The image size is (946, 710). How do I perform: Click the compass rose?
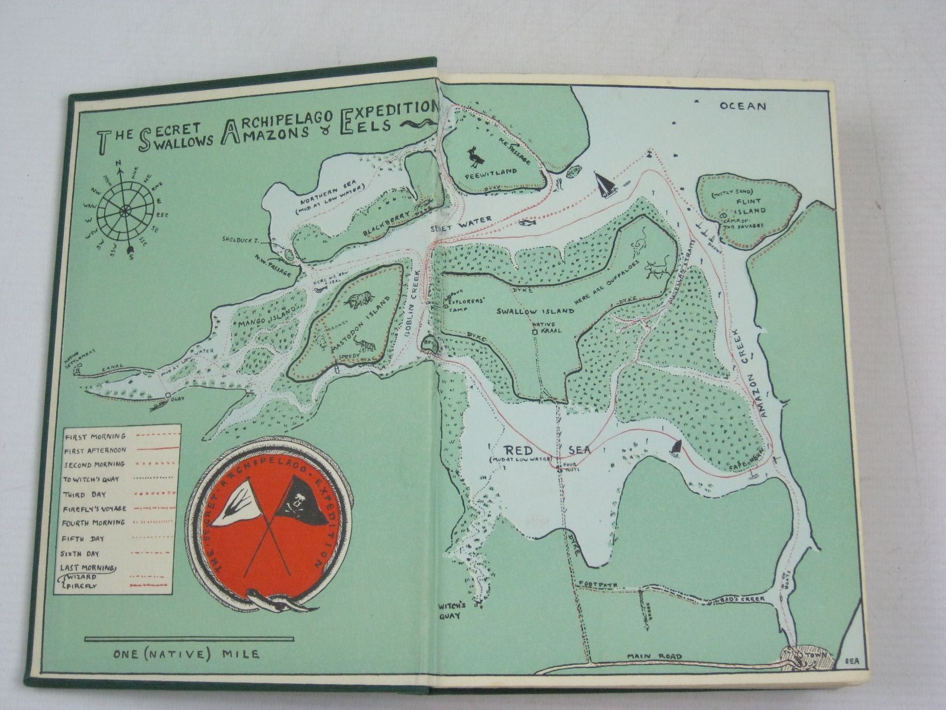click(x=125, y=210)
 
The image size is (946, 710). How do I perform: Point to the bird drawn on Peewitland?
click(x=477, y=156)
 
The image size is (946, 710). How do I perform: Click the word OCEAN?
click(x=743, y=106)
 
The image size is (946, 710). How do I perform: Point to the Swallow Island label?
click(x=534, y=311)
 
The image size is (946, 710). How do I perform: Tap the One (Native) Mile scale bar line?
click(x=189, y=639)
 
